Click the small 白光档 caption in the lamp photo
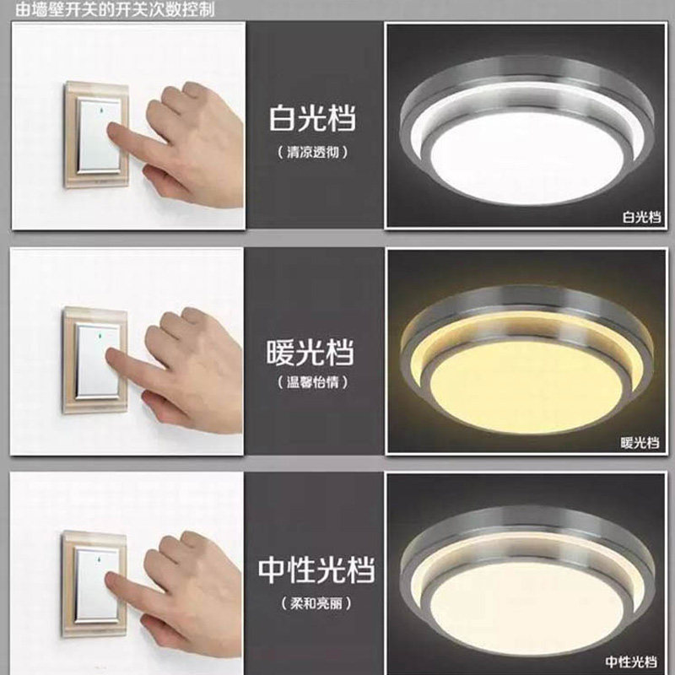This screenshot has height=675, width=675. coord(637,217)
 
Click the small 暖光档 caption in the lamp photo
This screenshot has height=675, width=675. coord(638,441)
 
